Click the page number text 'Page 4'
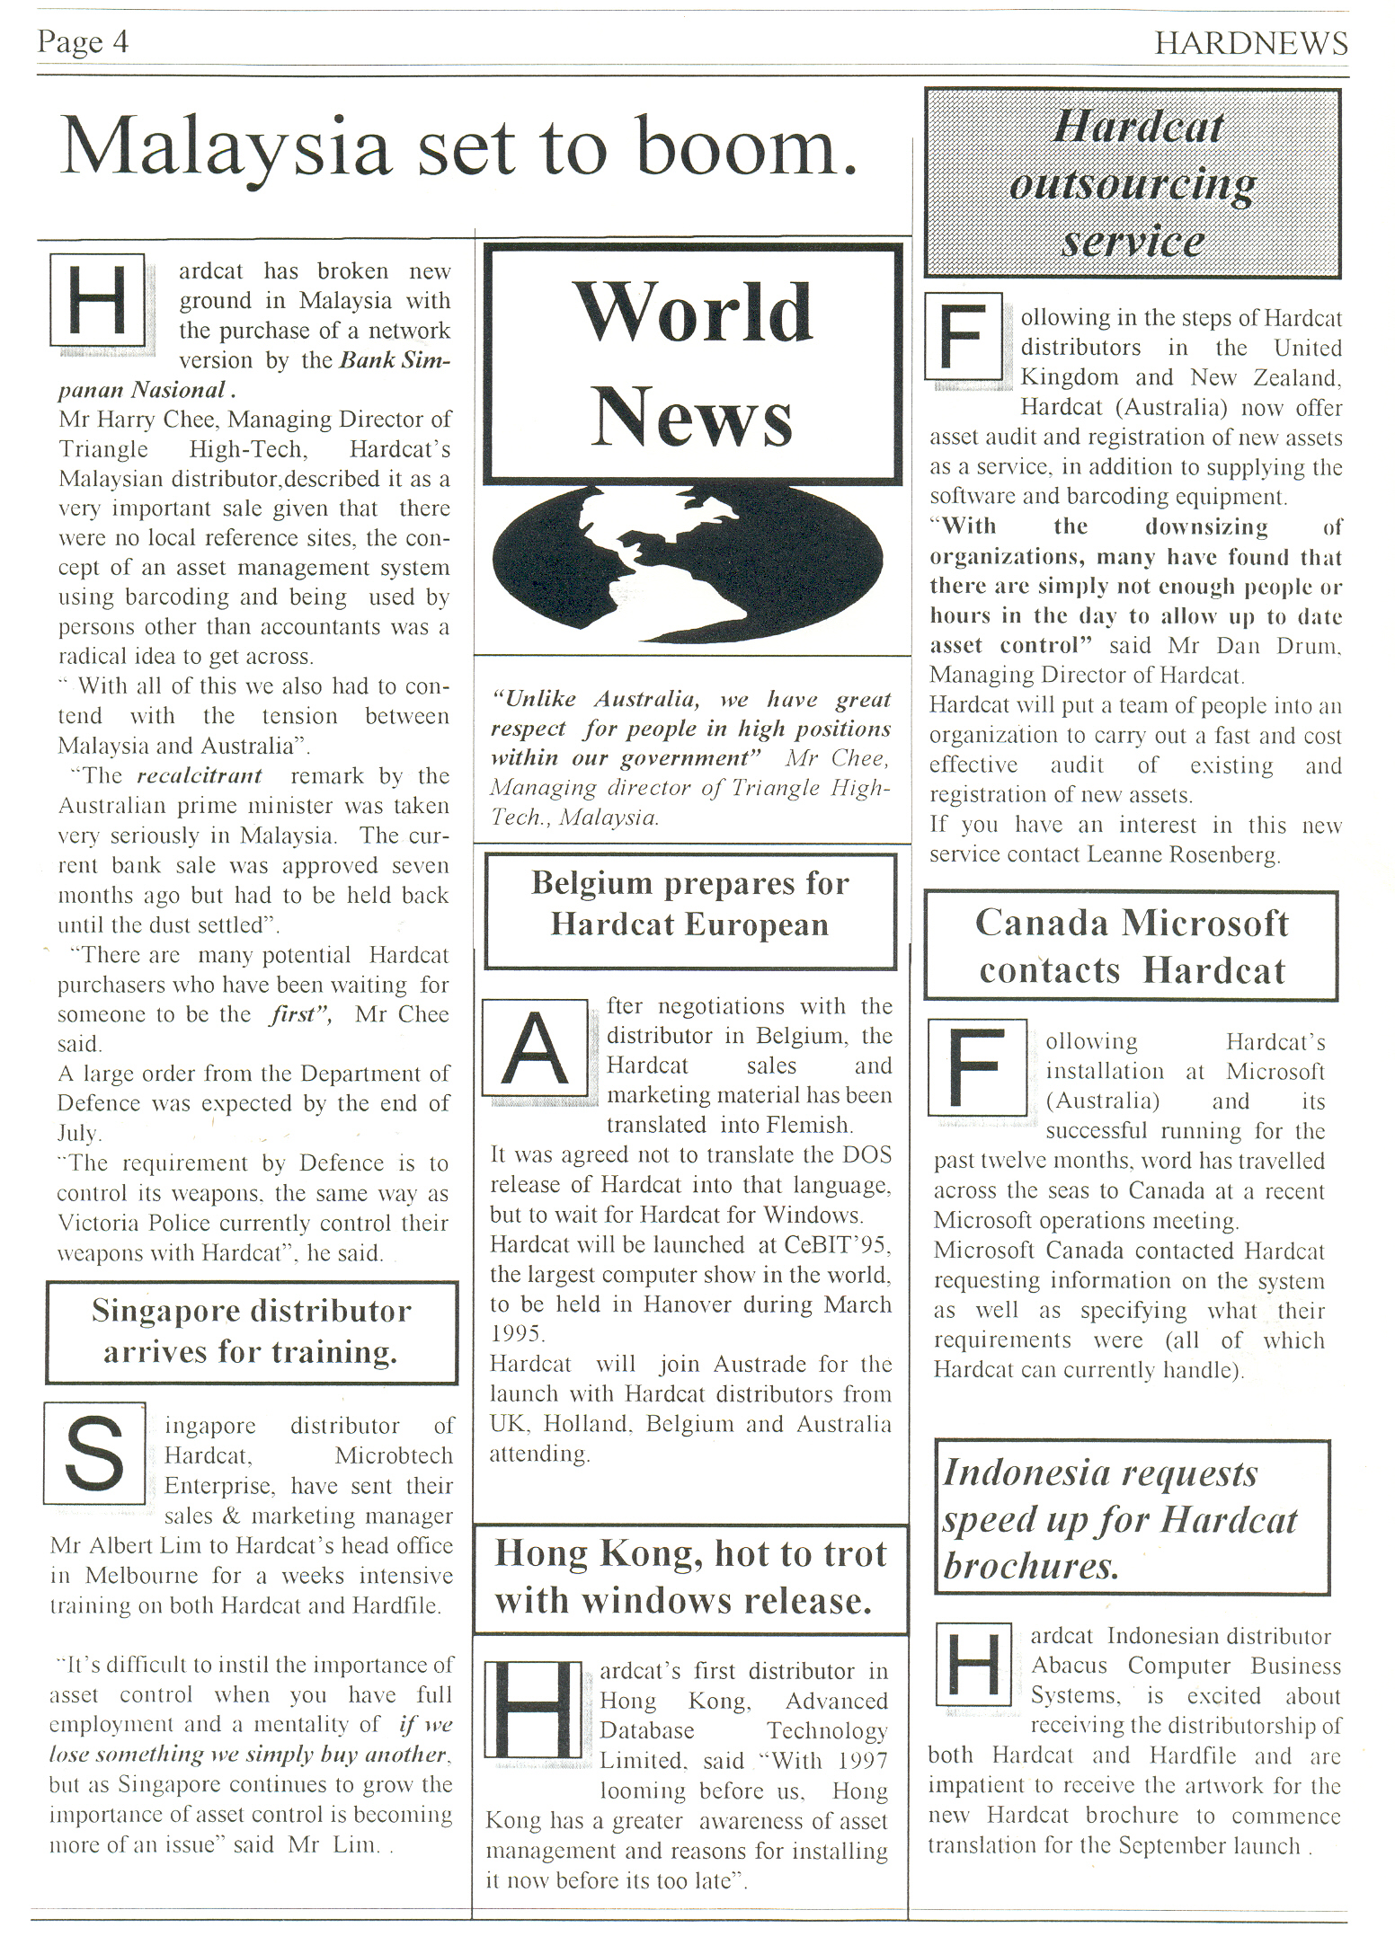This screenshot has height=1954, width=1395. pyautogui.click(x=83, y=41)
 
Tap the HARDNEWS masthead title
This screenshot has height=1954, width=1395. pyautogui.click(x=1250, y=43)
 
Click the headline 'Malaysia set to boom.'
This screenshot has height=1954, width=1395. pyautogui.click(x=458, y=147)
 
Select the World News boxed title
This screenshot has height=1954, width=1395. pyautogui.click(x=692, y=363)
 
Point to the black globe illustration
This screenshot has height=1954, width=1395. pyautogui.click(x=688, y=562)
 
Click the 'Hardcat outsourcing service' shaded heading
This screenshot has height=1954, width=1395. pyautogui.click(x=1133, y=183)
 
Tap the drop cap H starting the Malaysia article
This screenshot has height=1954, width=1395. pyautogui.click(x=98, y=300)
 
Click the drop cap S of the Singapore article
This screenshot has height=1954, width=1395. pyautogui.click(x=94, y=1453)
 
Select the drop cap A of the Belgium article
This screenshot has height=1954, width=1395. pyautogui.click(x=535, y=1048)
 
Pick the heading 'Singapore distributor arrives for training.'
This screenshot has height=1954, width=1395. pyautogui.click(x=251, y=1331)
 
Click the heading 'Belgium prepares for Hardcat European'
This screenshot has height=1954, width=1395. pyautogui.click(x=689, y=904)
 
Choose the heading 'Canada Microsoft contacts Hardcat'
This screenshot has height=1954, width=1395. pyautogui.click(x=1132, y=947)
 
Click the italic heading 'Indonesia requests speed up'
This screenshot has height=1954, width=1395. pyautogui.click(x=1120, y=1518)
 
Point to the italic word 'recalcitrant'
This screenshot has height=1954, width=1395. pyautogui.click(x=200, y=775)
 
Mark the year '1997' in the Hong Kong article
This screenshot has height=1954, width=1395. pyautogui.click(x=862, y=1761)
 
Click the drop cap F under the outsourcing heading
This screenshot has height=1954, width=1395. pyautogui.click(x=963, y=338)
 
